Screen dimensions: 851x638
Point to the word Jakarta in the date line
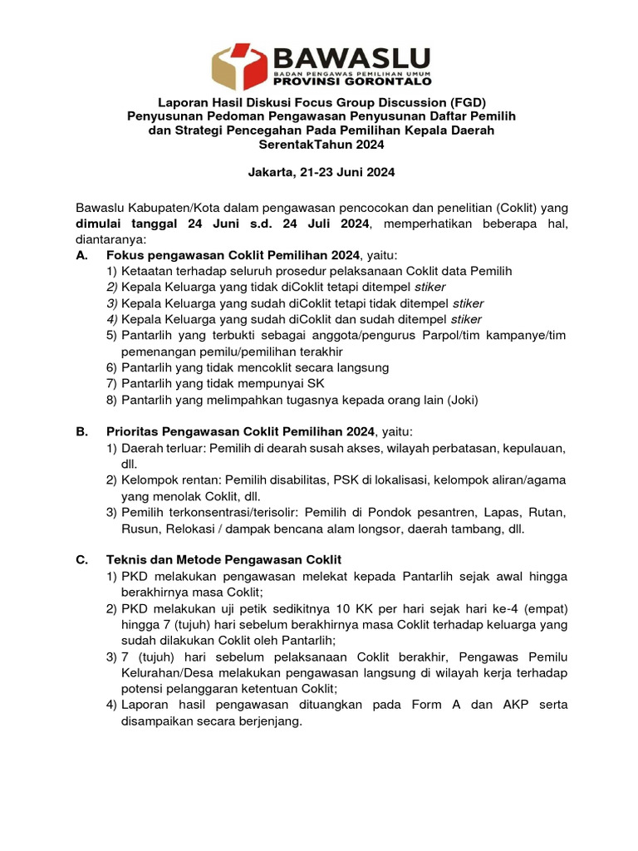(x=273, y=174)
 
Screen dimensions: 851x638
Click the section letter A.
(x=81, y=255)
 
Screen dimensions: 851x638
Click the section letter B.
(x=81, y=432)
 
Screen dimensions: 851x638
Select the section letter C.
(x=81, y=560)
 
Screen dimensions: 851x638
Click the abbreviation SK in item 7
(x=316, y=383)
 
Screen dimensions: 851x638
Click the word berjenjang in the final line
(x=262, y=721)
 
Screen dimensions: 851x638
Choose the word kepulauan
(x=534, y=448)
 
